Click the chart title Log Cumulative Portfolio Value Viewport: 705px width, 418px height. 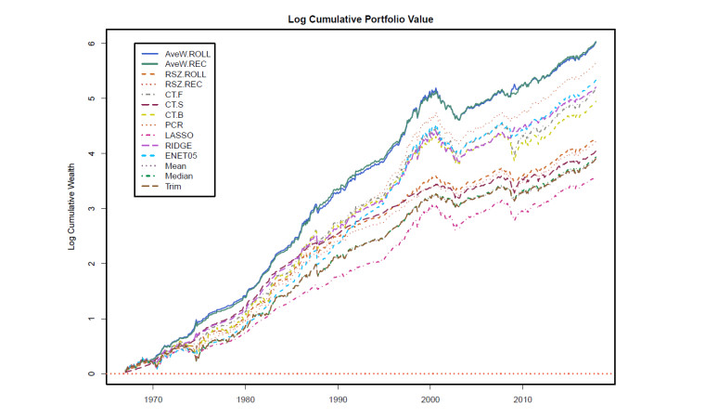(358, 19)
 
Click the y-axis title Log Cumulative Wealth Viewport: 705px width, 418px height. (71, 208)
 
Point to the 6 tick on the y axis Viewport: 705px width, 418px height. (91, 43)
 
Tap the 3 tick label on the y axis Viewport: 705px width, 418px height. (91, 208)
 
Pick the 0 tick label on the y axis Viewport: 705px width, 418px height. (91, 373)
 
